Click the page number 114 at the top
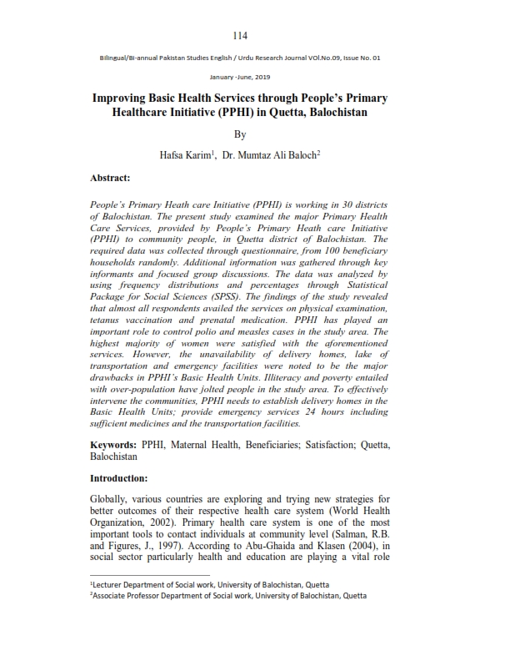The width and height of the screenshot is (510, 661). point(241,35)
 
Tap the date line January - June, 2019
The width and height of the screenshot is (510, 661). point(240,76)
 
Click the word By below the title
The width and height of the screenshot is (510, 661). point(240,134)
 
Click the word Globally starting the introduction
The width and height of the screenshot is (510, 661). point(112,499)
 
